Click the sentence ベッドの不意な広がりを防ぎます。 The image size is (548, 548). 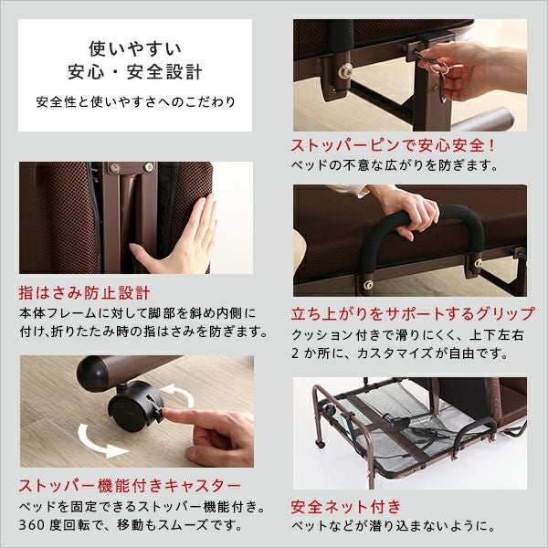[395, 166]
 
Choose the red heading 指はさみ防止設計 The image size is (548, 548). [84, 294]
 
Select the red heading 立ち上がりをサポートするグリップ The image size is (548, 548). [412, 313]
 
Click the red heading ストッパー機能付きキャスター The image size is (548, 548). [130, 484]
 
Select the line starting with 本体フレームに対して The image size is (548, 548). [137, 313]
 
